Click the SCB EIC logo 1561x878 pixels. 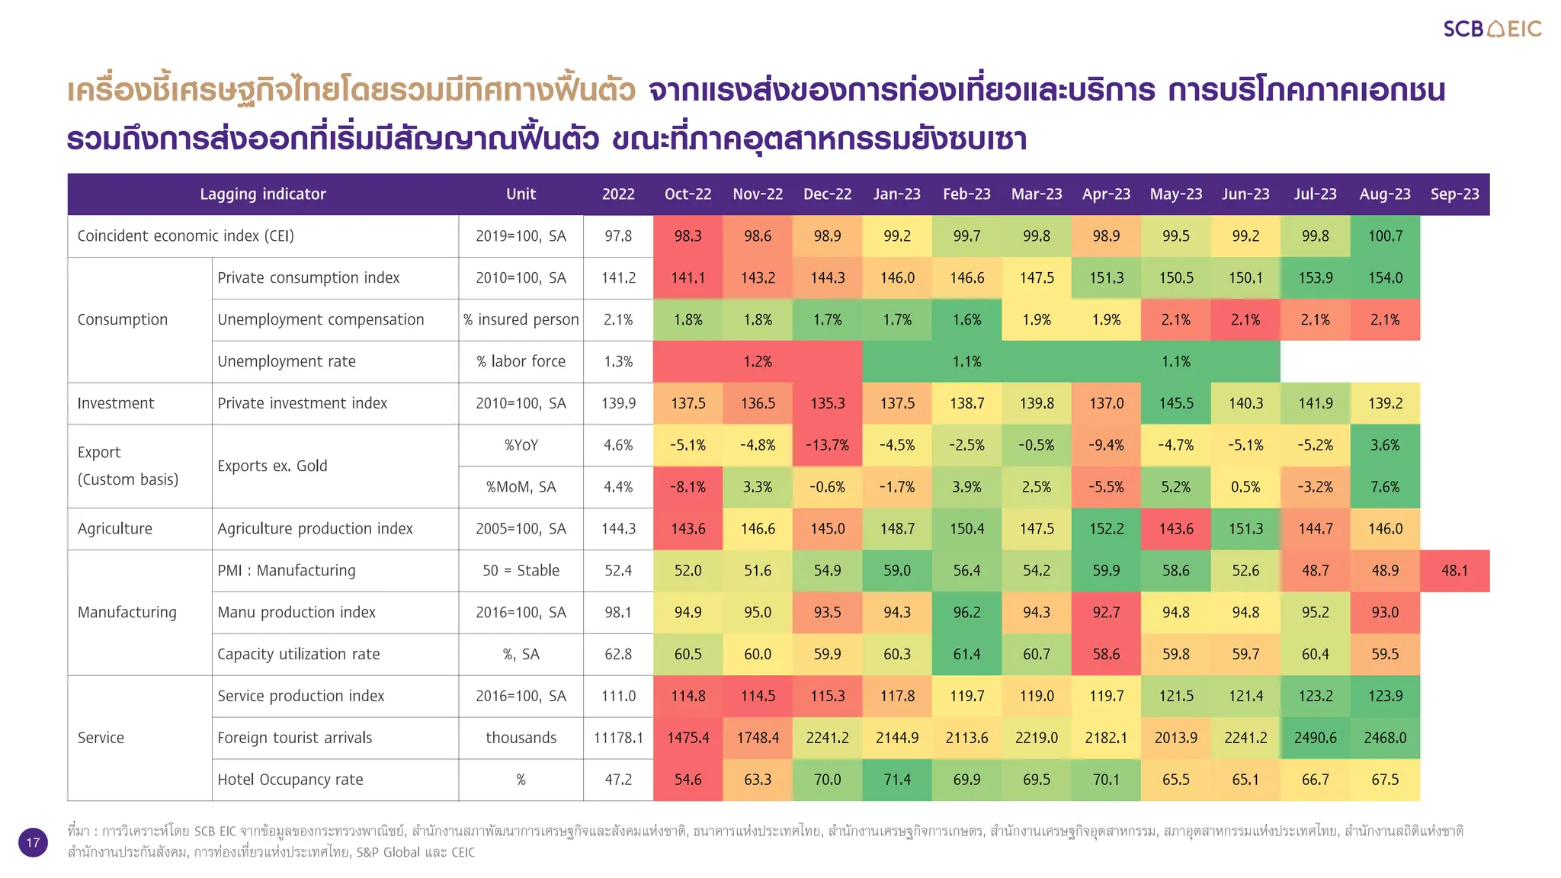click(x=1492, y=29)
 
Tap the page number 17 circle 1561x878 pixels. click(x=33, y=842)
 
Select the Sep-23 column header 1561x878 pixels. click(x=1454, y=194)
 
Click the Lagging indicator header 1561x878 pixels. click(x=263, y=194)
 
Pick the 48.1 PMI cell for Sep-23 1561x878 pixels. click(x=1454, y=571)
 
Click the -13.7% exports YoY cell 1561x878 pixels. click(x=827, y=445)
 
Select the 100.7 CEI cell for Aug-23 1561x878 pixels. click(x=1385, y=236)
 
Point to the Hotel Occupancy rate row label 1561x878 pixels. click(x=290, y=780)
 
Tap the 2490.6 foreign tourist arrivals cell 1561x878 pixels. click(x=1315, y=738)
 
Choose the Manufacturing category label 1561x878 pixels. click(x=127, y=613)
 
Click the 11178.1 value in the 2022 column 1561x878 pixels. click(x=618, y=738)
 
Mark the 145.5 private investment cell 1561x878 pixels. click(x=1176, y=403)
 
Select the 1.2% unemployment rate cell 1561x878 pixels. click(x=758, y=362)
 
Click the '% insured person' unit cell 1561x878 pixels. click(x=521, y=320)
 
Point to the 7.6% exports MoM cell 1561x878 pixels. click(x=1385, y=487)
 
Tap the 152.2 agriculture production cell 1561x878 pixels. click(x=1106, y=529)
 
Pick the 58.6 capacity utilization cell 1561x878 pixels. click(x=1106, y=654)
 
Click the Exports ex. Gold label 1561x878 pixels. click(x=272, y=466)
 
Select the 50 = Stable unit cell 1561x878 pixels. click(x=521, y=571)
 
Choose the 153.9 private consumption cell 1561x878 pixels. click(x=1315, y=278)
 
